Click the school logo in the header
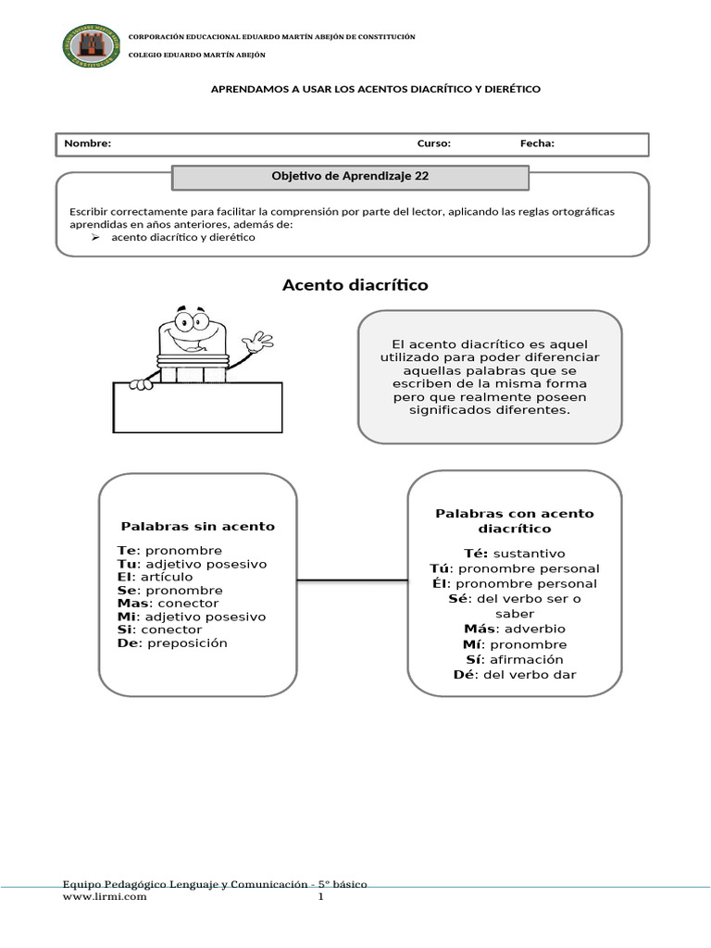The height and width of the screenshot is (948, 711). coord(90,46)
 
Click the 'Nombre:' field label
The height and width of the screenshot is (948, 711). coord(87,143)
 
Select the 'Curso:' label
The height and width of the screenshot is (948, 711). coord(434,143)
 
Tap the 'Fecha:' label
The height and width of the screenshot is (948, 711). coord(537,143)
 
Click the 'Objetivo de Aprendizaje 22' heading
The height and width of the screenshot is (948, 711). coord(350,175)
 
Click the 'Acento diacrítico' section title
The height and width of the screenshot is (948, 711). coord(355,285)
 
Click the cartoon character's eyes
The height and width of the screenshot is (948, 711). coord(192,323)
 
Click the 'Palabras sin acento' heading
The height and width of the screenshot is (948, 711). coord(196,526)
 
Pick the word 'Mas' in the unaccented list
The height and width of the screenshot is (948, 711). coord(133,604)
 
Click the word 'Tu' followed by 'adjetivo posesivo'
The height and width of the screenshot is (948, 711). coord(127,564)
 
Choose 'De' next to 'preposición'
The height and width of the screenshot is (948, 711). coord(127,642)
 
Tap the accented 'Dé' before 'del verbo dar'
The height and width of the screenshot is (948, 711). coord(464,674)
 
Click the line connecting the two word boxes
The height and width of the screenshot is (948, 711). coord(352,581)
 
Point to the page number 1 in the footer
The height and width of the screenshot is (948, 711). coord(321,897)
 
